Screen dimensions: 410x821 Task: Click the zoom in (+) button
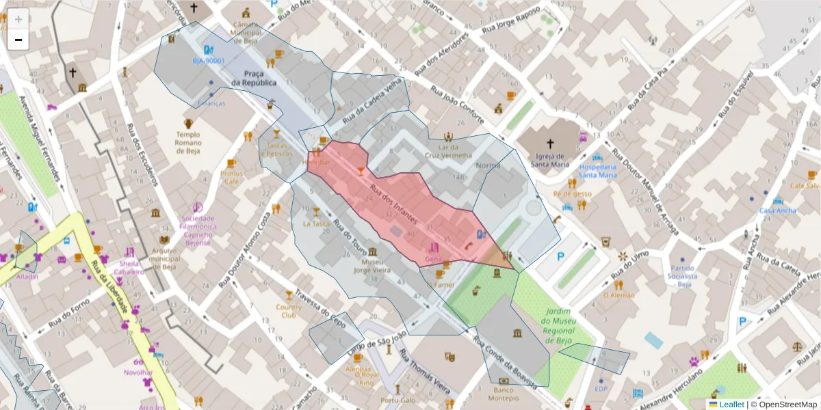tap(18, 20)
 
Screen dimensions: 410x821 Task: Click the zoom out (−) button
tap(18, 40)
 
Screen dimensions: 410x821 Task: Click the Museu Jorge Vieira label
tap(372, 265)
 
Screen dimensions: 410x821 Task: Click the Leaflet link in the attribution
tap(731, 405)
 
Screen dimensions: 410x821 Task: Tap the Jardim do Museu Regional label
tap(558, 325)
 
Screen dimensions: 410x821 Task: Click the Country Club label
tap(289, 311)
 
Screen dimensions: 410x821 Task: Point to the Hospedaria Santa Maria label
tap(598, 170)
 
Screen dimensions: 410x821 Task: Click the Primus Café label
tap(232, 178)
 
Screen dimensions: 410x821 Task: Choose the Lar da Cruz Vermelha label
tap(448, 151)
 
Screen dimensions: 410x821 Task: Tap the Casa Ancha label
tap(778, 210)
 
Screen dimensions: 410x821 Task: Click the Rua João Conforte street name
tap(457, 106)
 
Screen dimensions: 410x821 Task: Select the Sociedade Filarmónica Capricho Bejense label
tap(198, 230)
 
